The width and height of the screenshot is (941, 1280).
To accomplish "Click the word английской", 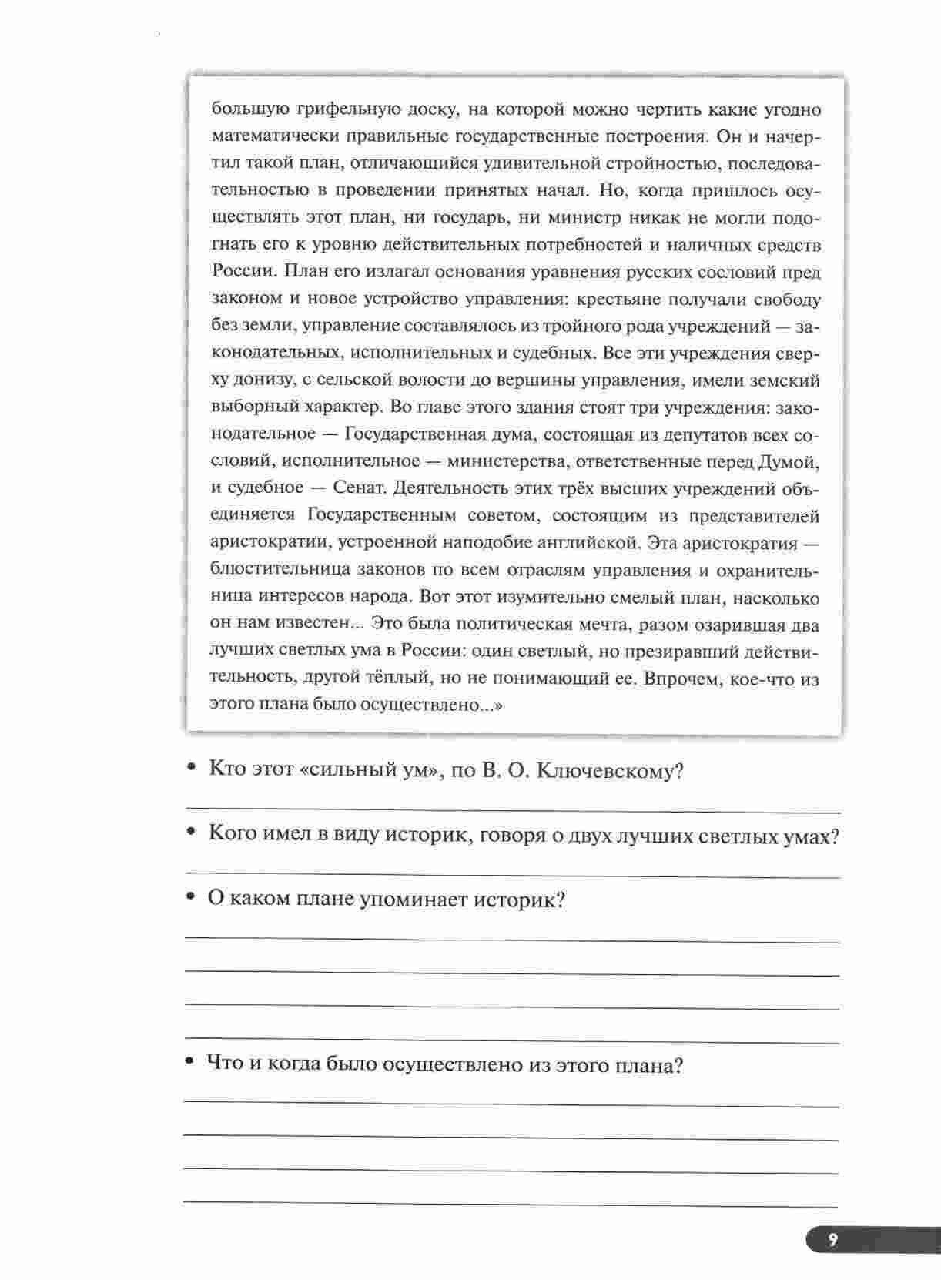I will [588, 543].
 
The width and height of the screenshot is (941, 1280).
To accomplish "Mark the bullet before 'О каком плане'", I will [190, 899].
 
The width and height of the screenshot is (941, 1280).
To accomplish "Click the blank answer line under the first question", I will [512, 810].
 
